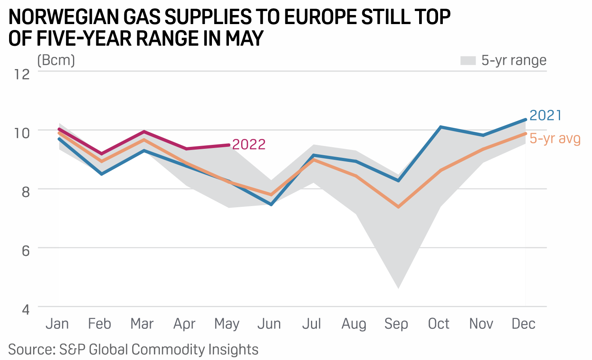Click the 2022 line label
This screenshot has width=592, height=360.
click(249, 144)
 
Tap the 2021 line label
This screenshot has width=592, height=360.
click(545, 115)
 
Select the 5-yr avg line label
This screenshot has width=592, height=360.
click(555, 139)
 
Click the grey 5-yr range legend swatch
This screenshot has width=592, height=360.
click(468, 60)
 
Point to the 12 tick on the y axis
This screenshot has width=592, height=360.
click(22, 74)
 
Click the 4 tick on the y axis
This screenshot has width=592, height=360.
click(26, 309)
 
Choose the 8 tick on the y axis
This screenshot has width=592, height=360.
click(26, 191)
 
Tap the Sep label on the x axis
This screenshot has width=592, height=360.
click(396, 324)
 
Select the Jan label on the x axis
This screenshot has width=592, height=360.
click(57, 324)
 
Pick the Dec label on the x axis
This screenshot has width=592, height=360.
click(523, 324)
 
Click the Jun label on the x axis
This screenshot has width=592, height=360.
click(269, 324)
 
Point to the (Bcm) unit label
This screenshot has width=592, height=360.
click(56, 60)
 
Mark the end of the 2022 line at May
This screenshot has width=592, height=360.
click(229, 145)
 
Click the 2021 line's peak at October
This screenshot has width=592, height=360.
click(440, 127)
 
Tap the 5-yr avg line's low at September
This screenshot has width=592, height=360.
click(398, 207)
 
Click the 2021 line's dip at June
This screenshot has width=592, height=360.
click(271, 204)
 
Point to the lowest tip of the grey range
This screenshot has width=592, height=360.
click(398, 289)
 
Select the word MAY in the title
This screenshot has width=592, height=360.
click(244, 39)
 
